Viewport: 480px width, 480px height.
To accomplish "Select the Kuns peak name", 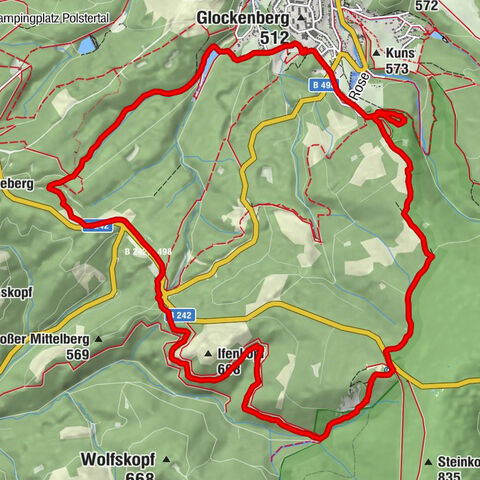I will (396, 53).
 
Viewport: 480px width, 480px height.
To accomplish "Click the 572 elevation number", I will (426, 6).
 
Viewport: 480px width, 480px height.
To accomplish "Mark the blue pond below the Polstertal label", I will (88, 45).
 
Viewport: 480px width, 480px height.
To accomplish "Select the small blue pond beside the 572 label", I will (437, 36).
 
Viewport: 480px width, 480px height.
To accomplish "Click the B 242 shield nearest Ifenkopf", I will (180, 315).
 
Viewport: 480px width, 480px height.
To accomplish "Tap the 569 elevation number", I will (76, 356).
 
